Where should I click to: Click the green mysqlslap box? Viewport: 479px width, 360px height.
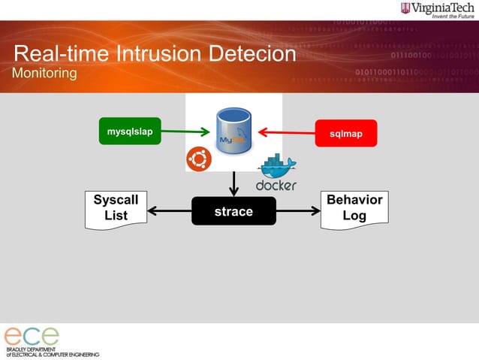tap(130, 132)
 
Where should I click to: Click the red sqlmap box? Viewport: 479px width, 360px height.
tap(345, 133)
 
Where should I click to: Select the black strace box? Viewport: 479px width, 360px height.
tap(233, 212)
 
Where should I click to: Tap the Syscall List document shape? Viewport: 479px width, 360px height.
tap(115, 208)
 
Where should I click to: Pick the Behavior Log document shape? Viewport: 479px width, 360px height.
tap(354, 208)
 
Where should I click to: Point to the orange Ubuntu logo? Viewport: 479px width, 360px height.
tap(199, 159)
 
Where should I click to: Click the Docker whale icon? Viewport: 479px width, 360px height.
tap(276, 167)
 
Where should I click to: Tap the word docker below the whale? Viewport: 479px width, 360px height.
tap(276, 185)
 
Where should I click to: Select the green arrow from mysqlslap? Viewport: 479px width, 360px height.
tap(185, 132)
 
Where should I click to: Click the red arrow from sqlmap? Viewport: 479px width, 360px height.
tap(286, 132)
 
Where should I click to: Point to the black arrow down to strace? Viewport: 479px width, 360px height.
tap(234, 183)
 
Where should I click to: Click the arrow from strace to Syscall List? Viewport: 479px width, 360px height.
tap(169, 211)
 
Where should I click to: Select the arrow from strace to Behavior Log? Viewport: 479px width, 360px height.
tap(299, 211)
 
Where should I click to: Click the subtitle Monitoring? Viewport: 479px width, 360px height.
tap(44, 74)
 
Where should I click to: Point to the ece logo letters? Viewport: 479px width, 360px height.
tap(31, 336)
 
